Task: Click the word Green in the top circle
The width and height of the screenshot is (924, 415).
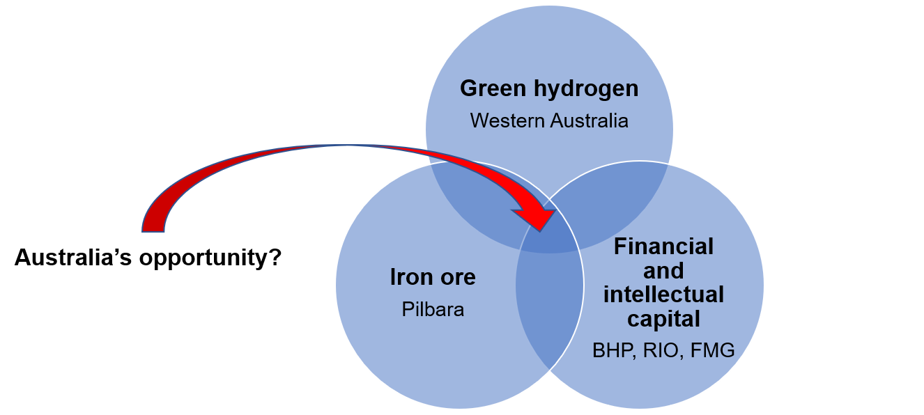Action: click(x=489, y=89)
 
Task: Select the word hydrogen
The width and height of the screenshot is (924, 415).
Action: click(x=580, y=90)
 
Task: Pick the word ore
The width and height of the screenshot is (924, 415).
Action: click(x=456, y=278)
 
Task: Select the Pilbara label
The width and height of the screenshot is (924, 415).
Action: click(x=433, y=309)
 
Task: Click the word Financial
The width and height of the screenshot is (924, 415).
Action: click(x=663, y=246)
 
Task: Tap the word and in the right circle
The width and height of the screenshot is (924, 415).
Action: click(x=663, y=270)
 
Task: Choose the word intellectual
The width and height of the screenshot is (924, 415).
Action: click(x=663, y=295)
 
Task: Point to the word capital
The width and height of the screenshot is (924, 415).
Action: click(x=663, y=319)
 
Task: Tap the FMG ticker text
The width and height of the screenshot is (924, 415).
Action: click(x=712, y=350)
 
